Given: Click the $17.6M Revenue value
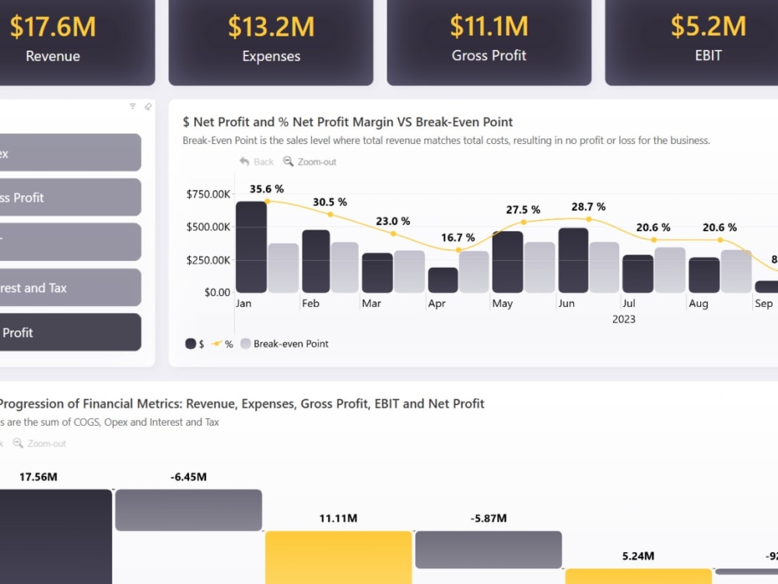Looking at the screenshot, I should point(53,26).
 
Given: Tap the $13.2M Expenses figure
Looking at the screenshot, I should point(271,26).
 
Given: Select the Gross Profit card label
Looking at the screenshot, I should point(489,55).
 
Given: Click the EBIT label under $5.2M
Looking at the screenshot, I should point(708,55).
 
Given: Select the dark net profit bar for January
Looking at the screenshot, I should point(251,247).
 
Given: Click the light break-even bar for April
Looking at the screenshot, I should point(474,272).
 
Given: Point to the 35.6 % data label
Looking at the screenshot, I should point(267,188).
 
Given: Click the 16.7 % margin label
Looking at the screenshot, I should point(457,237).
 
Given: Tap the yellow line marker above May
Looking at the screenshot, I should point(524,222).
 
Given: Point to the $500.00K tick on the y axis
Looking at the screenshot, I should point(209,227).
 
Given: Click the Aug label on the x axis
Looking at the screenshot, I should point(699,304).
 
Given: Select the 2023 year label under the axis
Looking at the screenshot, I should point(623,319).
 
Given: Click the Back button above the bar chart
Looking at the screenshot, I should point(257,161).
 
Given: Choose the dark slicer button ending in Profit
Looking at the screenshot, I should point(70,332).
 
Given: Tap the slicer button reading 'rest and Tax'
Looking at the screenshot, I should point(70,287).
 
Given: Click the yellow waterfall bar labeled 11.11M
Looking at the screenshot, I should point(338,558).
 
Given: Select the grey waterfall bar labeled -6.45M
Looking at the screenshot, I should point(188,510).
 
